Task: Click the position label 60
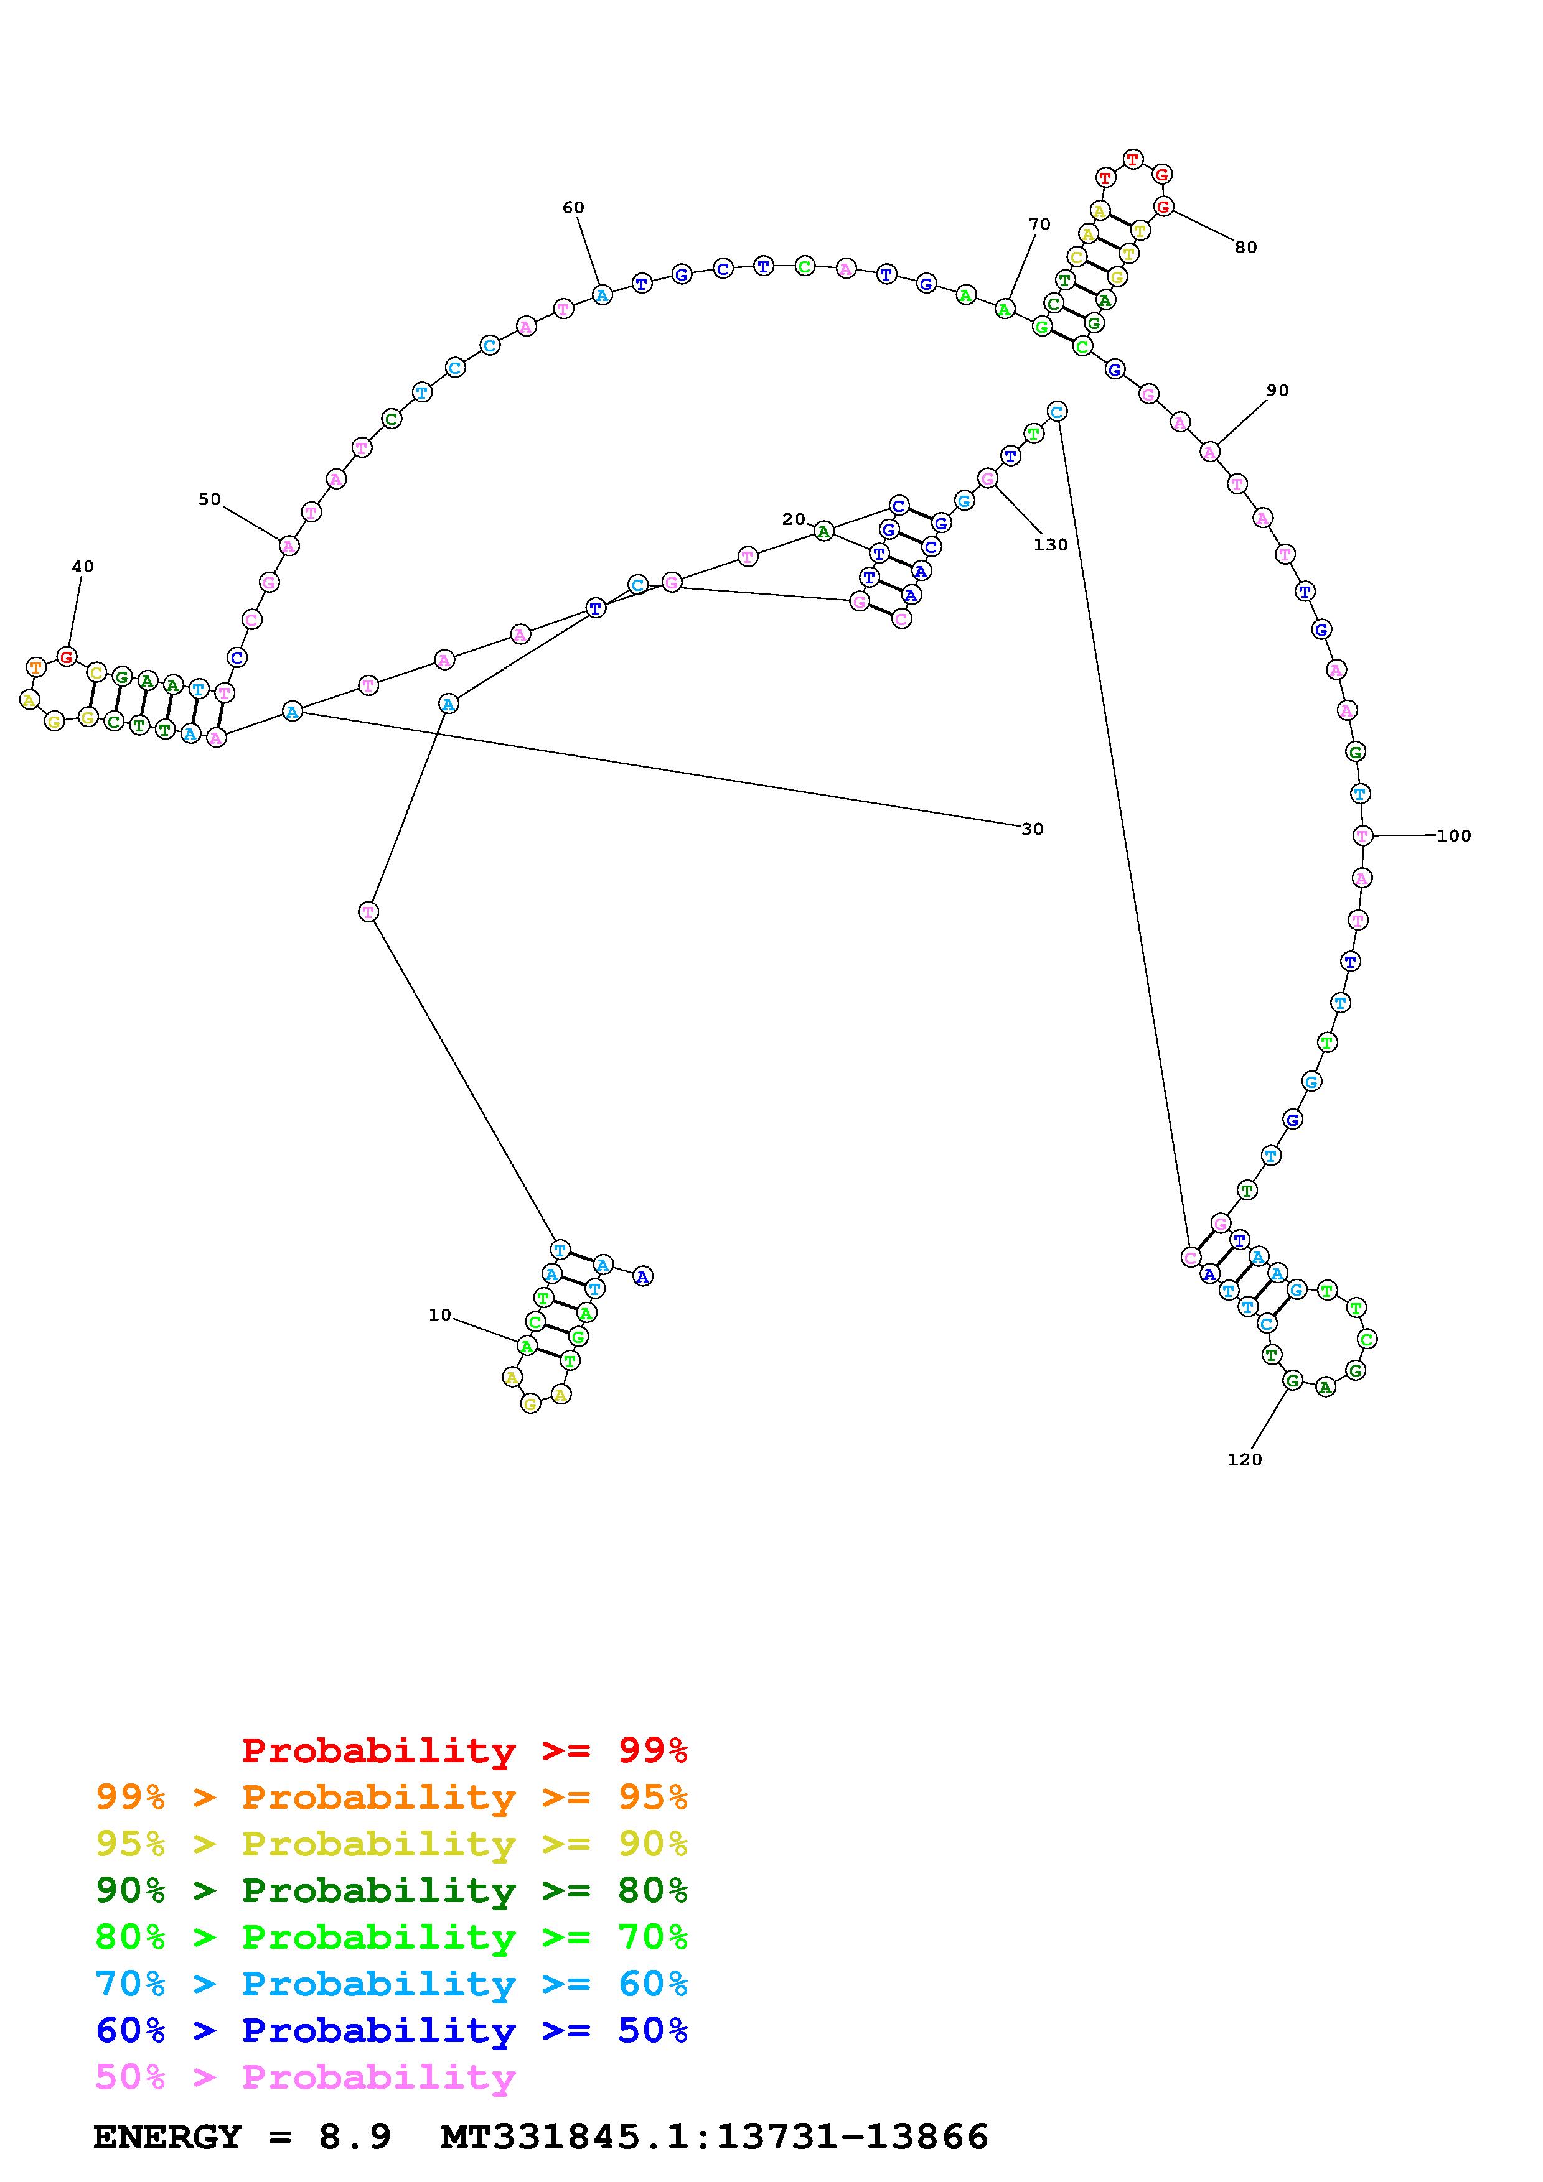point(573,208)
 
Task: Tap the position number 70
point(1039,225)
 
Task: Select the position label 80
point(1245,248)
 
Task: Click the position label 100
point(1453,837)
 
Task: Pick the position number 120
point(1244,1460)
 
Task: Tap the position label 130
point(1051,545)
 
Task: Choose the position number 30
point(1033,830)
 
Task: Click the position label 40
point(83,567)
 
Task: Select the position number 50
point(209,500)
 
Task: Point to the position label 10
point(439,1316)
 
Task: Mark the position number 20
point(793,520)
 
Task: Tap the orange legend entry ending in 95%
point(391,1797)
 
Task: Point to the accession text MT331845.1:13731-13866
point(714,2137)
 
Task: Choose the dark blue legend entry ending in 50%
point(391,2031)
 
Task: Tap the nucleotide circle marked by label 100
point(1362,837)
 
